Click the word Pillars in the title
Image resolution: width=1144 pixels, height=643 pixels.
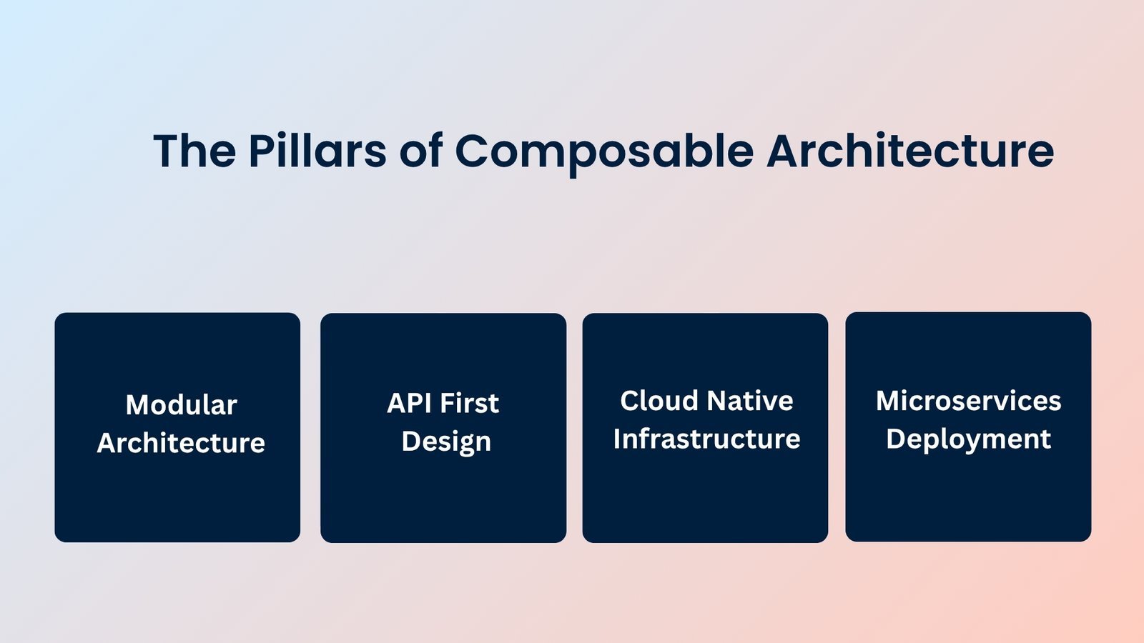(317, 151)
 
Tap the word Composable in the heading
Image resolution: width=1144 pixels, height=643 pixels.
(604, 151)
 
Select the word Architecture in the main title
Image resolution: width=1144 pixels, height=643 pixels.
(909, 151)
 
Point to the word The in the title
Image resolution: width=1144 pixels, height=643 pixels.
(194, 151)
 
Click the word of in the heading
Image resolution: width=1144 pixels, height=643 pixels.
(420, 151)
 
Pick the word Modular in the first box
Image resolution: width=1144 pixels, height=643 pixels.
(181, 405)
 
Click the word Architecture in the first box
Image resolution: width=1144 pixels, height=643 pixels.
(181, 444)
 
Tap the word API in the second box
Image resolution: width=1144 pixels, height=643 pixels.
(409, 404)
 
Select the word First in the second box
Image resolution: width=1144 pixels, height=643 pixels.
(469, 404)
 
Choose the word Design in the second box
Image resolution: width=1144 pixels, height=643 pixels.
(446, 442)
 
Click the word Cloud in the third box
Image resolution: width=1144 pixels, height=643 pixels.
(659, 401)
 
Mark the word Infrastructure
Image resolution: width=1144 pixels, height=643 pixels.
(706, 439)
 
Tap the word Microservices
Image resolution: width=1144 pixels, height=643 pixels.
(968, 401)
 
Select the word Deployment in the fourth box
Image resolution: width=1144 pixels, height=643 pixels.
(968, 439)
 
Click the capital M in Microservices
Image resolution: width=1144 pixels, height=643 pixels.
(889, 401)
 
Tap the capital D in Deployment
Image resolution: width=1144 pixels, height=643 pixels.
(895, 439)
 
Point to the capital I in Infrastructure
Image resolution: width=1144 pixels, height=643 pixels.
(617, 439)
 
